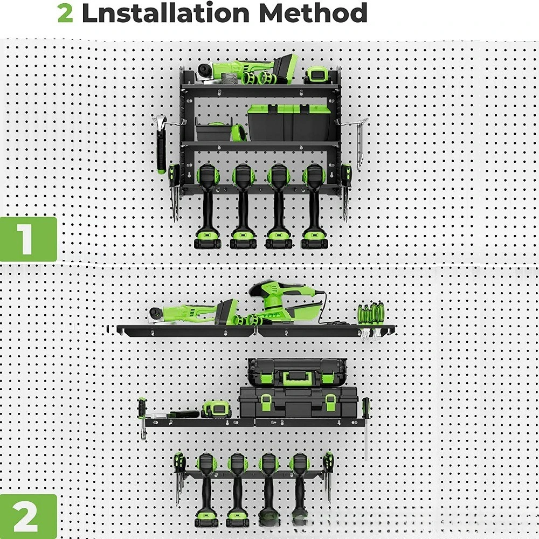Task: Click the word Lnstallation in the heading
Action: (165, 13)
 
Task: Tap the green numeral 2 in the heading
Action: (65, 13)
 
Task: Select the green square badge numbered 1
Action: (28, 239)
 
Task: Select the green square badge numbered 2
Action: (28, 516)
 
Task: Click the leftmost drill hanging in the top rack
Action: (208, 206)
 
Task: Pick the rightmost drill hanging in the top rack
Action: (314, 206)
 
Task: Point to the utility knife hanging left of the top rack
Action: (161, 144)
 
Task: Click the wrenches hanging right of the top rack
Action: (360, 144)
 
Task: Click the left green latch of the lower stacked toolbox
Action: (266, 402)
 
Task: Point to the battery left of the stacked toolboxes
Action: (216, 409)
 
